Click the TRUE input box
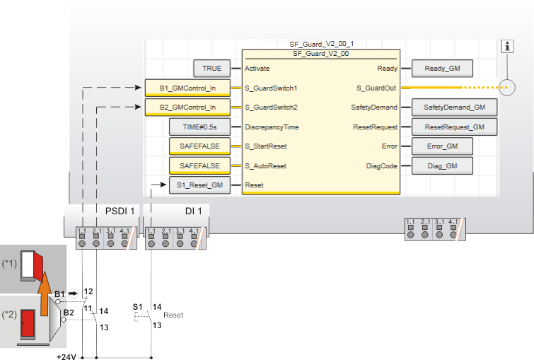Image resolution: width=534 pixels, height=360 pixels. [x=211, y=69]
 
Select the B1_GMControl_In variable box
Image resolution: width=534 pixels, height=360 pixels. [x=187, y=88]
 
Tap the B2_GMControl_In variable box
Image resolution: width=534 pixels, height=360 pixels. [x=187, y=108]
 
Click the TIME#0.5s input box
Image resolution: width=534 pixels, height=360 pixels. [x=199, y=127]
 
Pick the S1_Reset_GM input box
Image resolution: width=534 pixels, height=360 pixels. [x=199, y=185]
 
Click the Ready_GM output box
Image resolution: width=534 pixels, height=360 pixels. [x=443, y=69]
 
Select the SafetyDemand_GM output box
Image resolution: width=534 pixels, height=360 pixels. [x=454, y=108]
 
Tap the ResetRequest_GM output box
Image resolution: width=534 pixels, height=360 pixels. [x=454, y=127]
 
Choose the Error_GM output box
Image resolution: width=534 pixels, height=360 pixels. [x=443, y=146]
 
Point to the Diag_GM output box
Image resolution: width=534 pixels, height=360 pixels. [x=443, y=166]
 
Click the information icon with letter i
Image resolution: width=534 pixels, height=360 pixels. [x=507, y=46]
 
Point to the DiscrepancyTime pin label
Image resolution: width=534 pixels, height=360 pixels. [x=272, y=127]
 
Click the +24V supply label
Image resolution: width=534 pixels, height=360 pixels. [x=66, y=356]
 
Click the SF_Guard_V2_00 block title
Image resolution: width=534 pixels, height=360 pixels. [x=321, y=53]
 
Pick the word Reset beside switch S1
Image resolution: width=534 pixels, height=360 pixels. [x=173, y=315]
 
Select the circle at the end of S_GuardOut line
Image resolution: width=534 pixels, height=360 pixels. [x=507, y=88]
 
